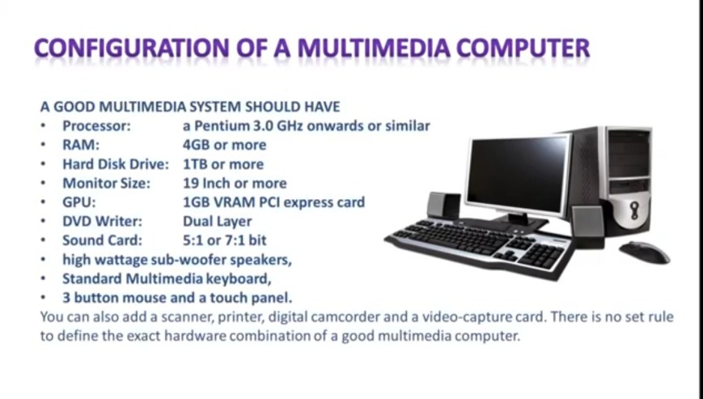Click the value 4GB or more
coord(224,145)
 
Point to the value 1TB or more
coord(222,164)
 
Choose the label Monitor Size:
coord(106,183)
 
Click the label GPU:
coord(79,202)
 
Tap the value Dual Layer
coord(217,221)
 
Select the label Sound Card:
coord(102,240)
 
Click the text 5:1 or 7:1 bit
coord(224,240)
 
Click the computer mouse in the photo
coord(644,252)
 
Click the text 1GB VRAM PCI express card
coord(273,202)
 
